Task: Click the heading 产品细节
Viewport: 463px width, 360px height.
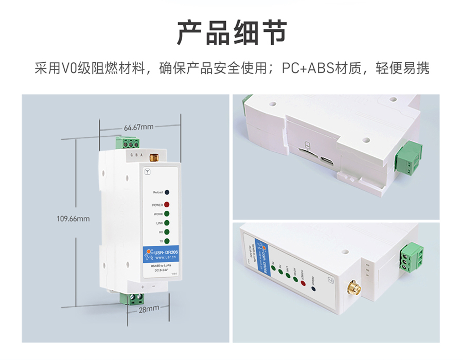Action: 232,33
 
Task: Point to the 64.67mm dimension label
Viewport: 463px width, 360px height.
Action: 139,127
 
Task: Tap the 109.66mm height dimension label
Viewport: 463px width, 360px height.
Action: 73,219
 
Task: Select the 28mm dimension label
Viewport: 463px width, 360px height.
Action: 149,309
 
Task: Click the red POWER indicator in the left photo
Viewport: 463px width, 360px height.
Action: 167,205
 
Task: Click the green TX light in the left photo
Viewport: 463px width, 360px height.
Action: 167,241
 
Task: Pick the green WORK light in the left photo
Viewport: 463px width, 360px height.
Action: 167,214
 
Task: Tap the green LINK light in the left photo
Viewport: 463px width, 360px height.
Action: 167,223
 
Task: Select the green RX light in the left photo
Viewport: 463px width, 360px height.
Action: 167,232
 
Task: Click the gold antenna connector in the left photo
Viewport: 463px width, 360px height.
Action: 153,156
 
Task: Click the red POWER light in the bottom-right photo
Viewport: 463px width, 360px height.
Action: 303,282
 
